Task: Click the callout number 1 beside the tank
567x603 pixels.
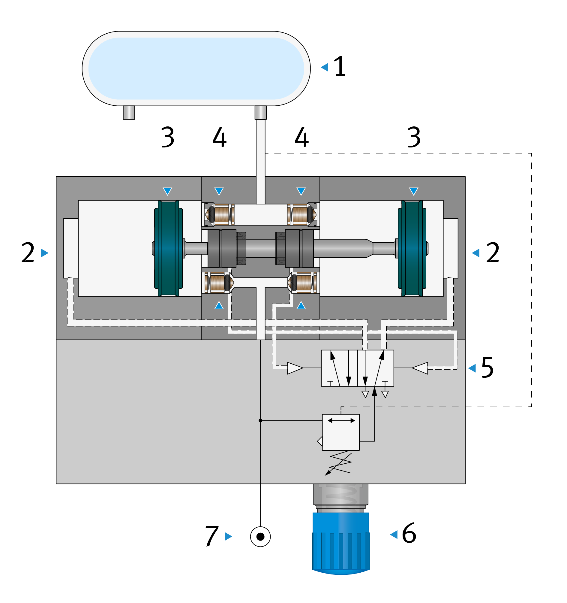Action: (x=339, y=66)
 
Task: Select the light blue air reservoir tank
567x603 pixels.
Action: (x=196, y=68)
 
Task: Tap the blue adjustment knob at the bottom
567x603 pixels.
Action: (x=341, y=544)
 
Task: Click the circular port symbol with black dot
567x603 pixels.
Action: (x=260, y=537)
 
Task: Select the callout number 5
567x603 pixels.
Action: (x=487, y=368)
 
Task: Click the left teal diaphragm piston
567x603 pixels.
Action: (x=169, y=248)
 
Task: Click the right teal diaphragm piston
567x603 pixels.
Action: (x=412, y=248)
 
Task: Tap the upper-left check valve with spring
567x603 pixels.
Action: (x=219, y=214)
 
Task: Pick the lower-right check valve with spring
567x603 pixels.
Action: (x=302, y=282)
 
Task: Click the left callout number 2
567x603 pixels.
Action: (x=28, y=252)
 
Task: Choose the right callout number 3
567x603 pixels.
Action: (x=414, y=137)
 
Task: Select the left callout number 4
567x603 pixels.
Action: (x=219, y=137)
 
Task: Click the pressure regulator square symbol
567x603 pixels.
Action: (x=340, y=432)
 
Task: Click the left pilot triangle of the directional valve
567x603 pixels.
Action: (x=295, y=368)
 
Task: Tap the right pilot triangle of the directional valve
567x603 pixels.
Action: (x=420, y=368)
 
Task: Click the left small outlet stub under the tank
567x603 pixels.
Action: (x=129, y=113)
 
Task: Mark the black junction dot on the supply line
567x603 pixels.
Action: (x=260, y=421)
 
